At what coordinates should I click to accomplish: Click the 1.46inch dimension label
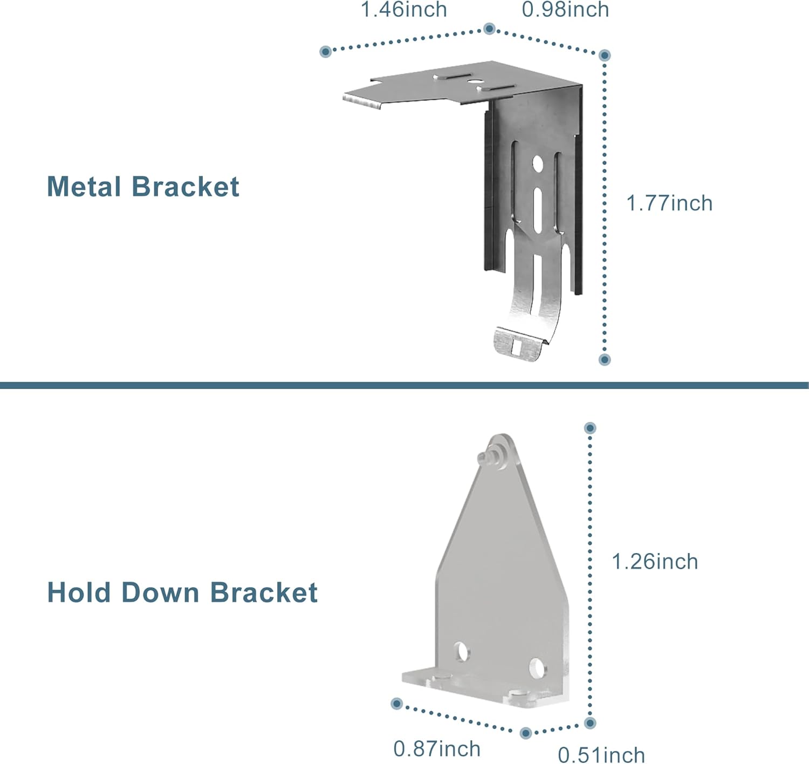click(403, 10)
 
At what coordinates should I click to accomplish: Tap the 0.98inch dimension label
click(565, 10)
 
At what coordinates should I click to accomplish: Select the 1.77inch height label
click(669, 203)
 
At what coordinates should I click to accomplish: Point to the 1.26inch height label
click(655, 562)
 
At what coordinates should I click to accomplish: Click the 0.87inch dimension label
click(437, 749)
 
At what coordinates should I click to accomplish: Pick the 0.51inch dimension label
click(601, 755)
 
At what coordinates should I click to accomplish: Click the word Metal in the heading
click(84, 187)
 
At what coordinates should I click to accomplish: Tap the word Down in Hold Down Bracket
click(161, 592)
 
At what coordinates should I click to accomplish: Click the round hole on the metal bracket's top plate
click(475, 82)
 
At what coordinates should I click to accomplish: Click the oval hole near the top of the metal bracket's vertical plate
click(537, 163)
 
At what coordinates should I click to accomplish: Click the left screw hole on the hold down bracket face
click(462, 652)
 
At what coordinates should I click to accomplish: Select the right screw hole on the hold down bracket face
click(537, 668)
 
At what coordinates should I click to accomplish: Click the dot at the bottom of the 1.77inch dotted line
click(605, 359)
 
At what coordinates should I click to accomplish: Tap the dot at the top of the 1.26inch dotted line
click(590, 428)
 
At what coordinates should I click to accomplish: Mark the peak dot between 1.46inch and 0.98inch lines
click(489, 29)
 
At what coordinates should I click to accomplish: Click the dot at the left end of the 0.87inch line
click(397, 704)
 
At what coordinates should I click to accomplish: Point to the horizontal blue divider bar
click(404, 385)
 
